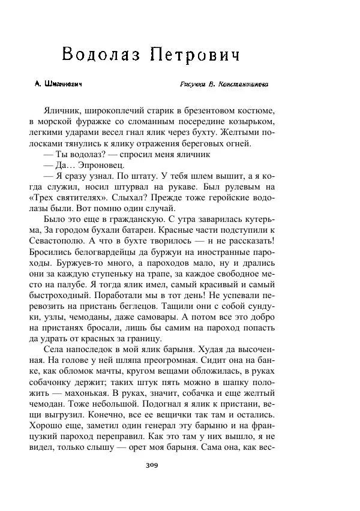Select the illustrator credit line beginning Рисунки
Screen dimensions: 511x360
tap(224, 85)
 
